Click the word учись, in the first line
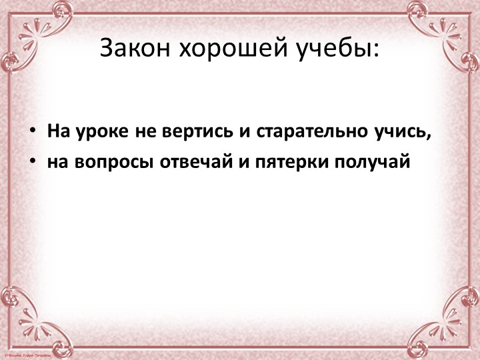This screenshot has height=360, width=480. (405, 131)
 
